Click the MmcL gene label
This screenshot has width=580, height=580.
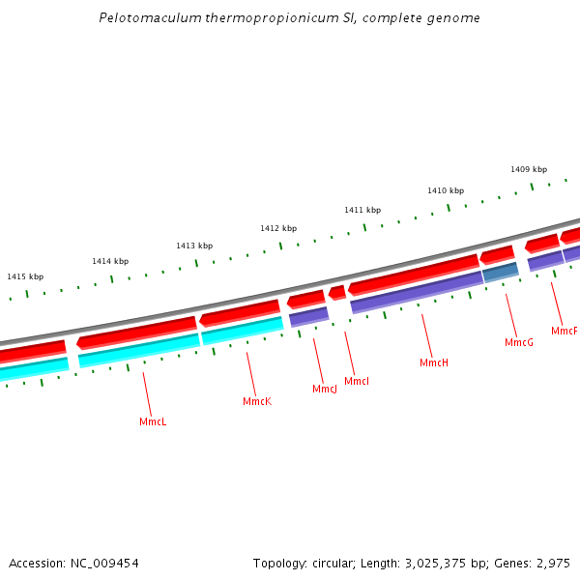click(x=153, y=422)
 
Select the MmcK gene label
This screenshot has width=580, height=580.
click(x=257, y=401)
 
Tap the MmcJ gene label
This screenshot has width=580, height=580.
click(x=325, y=389)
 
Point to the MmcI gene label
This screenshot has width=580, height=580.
click(x=357, y=381)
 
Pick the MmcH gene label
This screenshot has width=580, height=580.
click(x=434, y=362)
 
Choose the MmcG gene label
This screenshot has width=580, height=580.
click(x=519, y=342)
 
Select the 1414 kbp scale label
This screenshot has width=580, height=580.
click(x=110, y=261)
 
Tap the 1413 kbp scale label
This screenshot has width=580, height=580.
click(x=194, y=246)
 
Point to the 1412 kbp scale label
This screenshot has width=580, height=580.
click(x=278, y=228)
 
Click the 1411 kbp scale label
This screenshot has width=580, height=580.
click(x=362, y=210)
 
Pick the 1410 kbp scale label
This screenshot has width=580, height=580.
click(x=446, y=190)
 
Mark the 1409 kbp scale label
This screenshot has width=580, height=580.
click(x=529, y=169)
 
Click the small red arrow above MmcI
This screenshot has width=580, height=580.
click(x=337, y=292)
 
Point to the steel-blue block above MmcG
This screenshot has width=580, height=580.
click(x=501, y=273)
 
